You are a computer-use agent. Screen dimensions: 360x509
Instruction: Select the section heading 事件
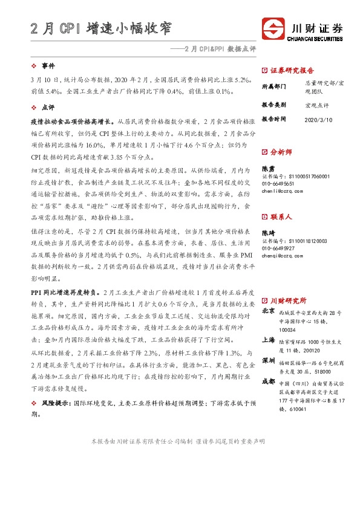48,65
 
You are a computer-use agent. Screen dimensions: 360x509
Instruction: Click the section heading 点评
48,106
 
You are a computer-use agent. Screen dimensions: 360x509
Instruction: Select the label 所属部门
274,87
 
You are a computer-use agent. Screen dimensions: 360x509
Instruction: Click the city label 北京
268,311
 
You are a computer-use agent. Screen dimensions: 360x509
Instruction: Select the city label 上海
268,340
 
